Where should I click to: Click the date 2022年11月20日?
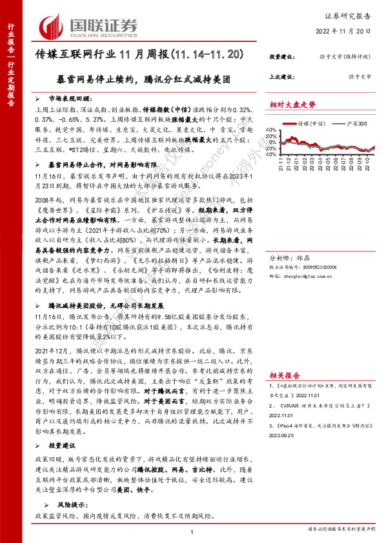point(345,30)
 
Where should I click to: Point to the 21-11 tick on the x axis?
point(281,168)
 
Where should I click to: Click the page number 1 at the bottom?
point(192,531)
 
